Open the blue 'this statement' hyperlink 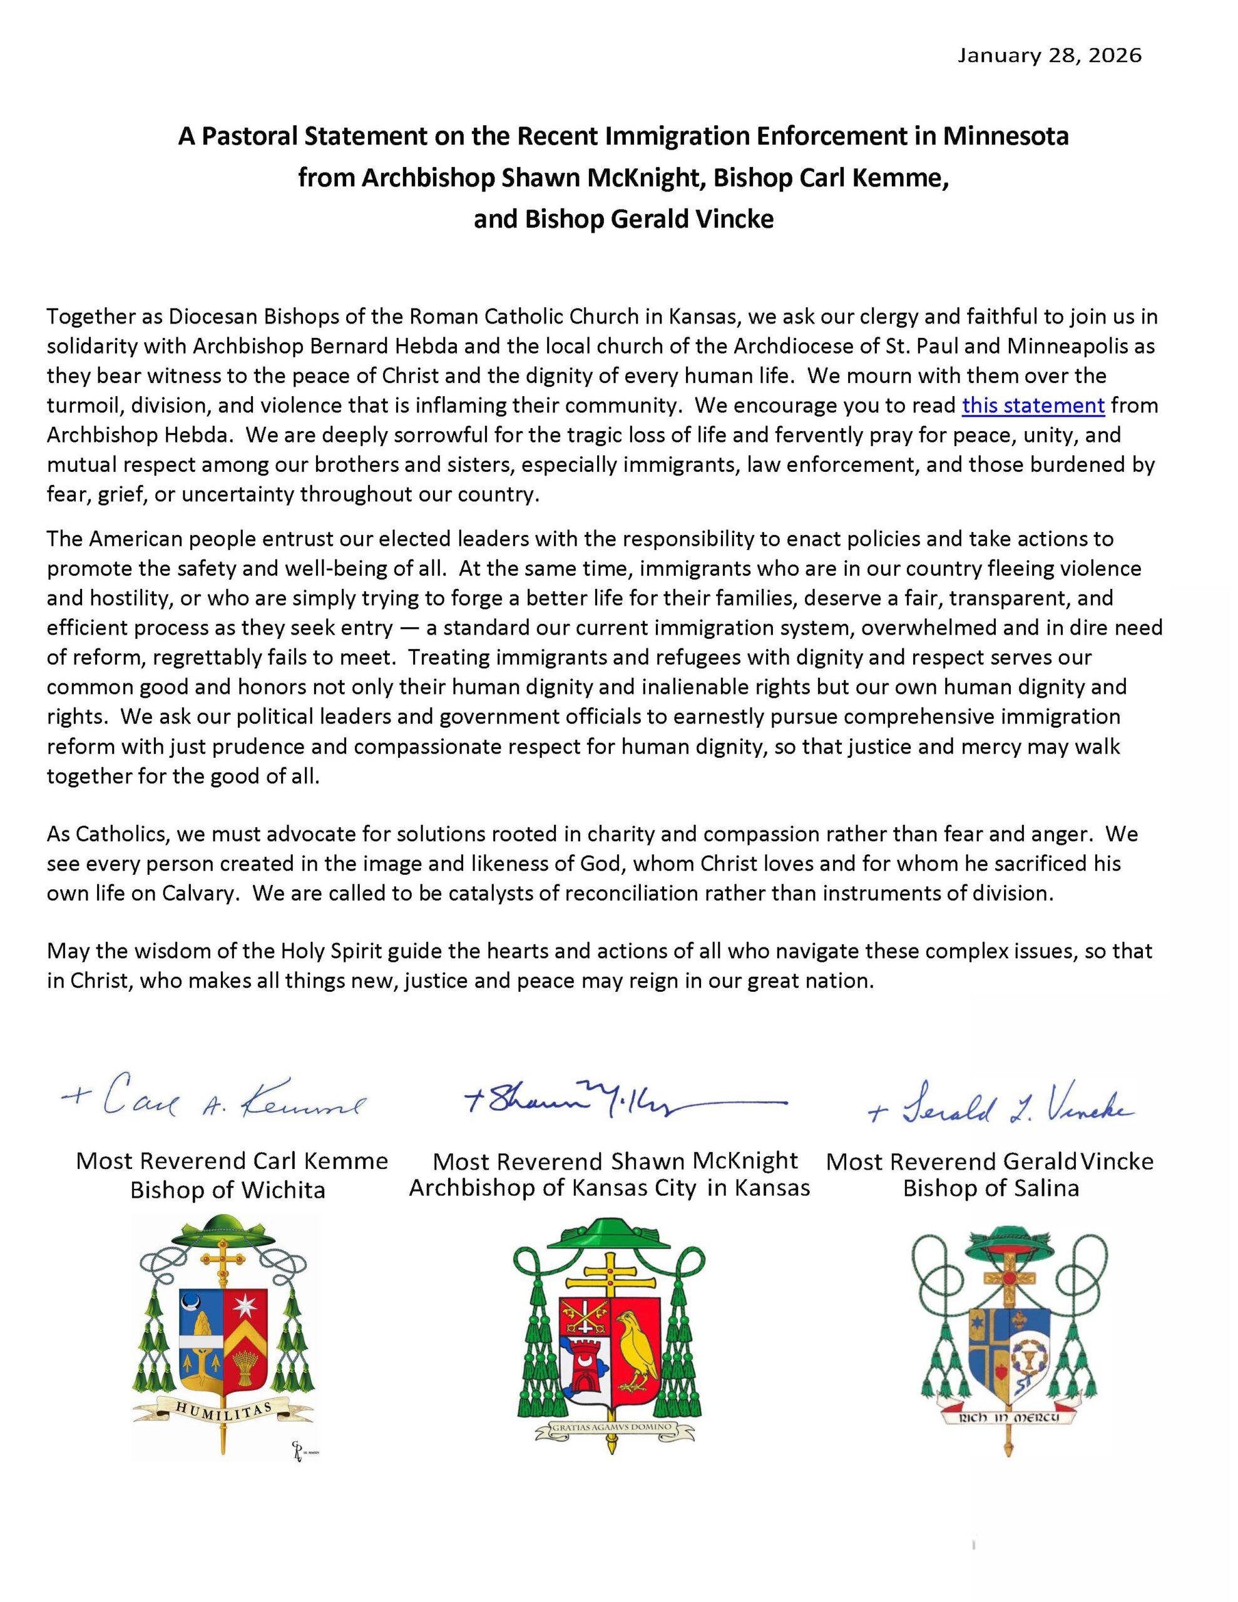point(1033,406)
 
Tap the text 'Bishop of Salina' point(990,1188)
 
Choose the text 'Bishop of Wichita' point(227,1189)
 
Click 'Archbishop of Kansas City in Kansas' point(609,1188)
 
